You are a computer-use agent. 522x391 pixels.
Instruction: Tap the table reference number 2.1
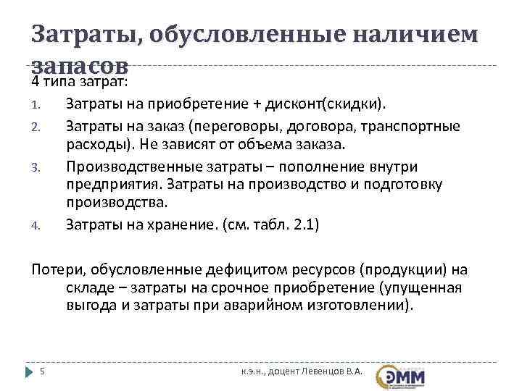pos(302,224)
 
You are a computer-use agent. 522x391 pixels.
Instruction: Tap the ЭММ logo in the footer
pos(402,375)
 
